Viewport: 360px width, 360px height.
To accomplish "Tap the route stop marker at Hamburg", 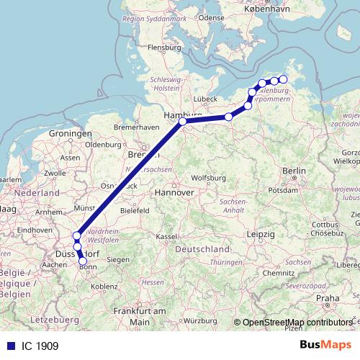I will click(183, 122).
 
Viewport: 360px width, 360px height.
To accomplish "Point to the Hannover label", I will click(175, 193).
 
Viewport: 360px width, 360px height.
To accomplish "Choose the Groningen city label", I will click(71, 134).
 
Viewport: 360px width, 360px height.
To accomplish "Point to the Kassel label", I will click(166, 237).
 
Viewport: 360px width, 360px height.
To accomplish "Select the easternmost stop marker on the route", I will click(283, 80).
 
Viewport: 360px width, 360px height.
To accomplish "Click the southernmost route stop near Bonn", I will click(83, 261).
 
